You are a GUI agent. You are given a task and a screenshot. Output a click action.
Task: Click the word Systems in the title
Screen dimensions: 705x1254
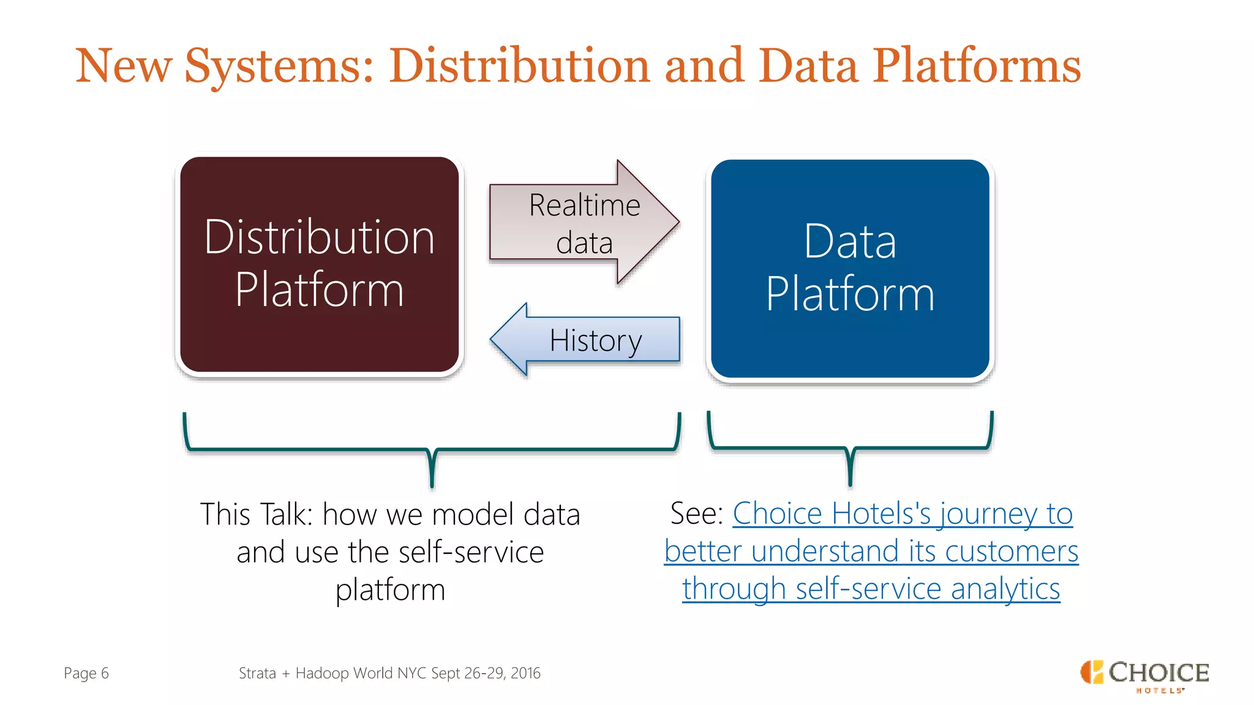point(279,66)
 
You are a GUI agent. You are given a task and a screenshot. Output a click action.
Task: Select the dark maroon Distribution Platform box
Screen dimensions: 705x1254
point(319,330)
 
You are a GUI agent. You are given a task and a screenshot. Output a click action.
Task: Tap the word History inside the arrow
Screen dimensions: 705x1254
point(595,340)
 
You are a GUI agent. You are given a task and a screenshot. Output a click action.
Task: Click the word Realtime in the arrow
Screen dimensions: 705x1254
point(584,205)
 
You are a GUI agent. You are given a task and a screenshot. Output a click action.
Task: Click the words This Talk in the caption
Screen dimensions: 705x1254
point(256,514)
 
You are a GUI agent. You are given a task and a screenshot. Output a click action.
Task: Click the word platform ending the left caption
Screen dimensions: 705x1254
point(390,590)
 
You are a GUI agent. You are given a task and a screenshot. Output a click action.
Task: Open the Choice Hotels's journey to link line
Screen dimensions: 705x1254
point(902,513)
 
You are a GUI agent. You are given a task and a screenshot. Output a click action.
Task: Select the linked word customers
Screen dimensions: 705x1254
point(1011,551)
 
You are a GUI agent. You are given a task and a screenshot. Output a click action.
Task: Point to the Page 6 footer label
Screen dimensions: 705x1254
point(86,673)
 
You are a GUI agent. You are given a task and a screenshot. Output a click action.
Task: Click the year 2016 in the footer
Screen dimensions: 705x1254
point(525,673)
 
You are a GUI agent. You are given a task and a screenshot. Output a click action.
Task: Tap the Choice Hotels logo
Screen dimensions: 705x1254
point(1144,675)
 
